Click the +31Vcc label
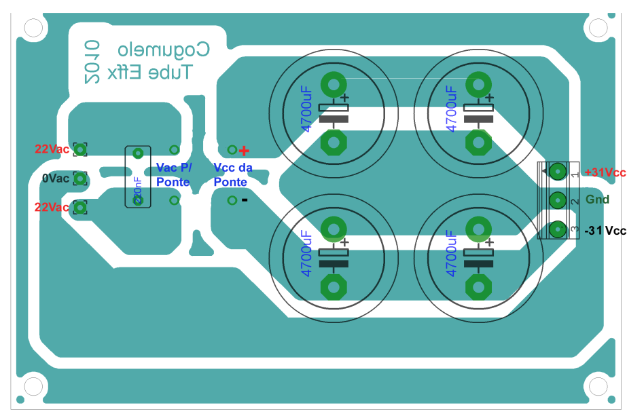pyautogui.click(x=605, y=172)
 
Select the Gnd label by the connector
pyautogui.click(x=598, y=200)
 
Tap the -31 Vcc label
pyautogui.click(x=605, y=231)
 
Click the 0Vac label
pyautogui.click(x=55, y=178)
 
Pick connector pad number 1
pyautogui.click(x=558, y=172)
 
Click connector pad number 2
pyautogui.click(x=558, y=201)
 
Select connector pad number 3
pyautogui.click(x=558, y=230)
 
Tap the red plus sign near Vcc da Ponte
pyautogui.click(x=244, y=150)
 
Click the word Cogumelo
pyautogui.click(x=164, y=50)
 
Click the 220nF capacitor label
pyautogui.click(x=138, y=191)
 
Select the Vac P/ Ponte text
pyautogui.click(x=174, y=174)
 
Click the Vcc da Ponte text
pyautogui.click(x=233, y=174)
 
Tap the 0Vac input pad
pyautogui.click(x=81, y=178)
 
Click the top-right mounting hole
pyautogui.click(x=598, y=28)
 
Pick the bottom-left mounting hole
pyautogui.click(x=33, y=387)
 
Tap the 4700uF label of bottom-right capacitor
pyautogui.click(x=451, y=252)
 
